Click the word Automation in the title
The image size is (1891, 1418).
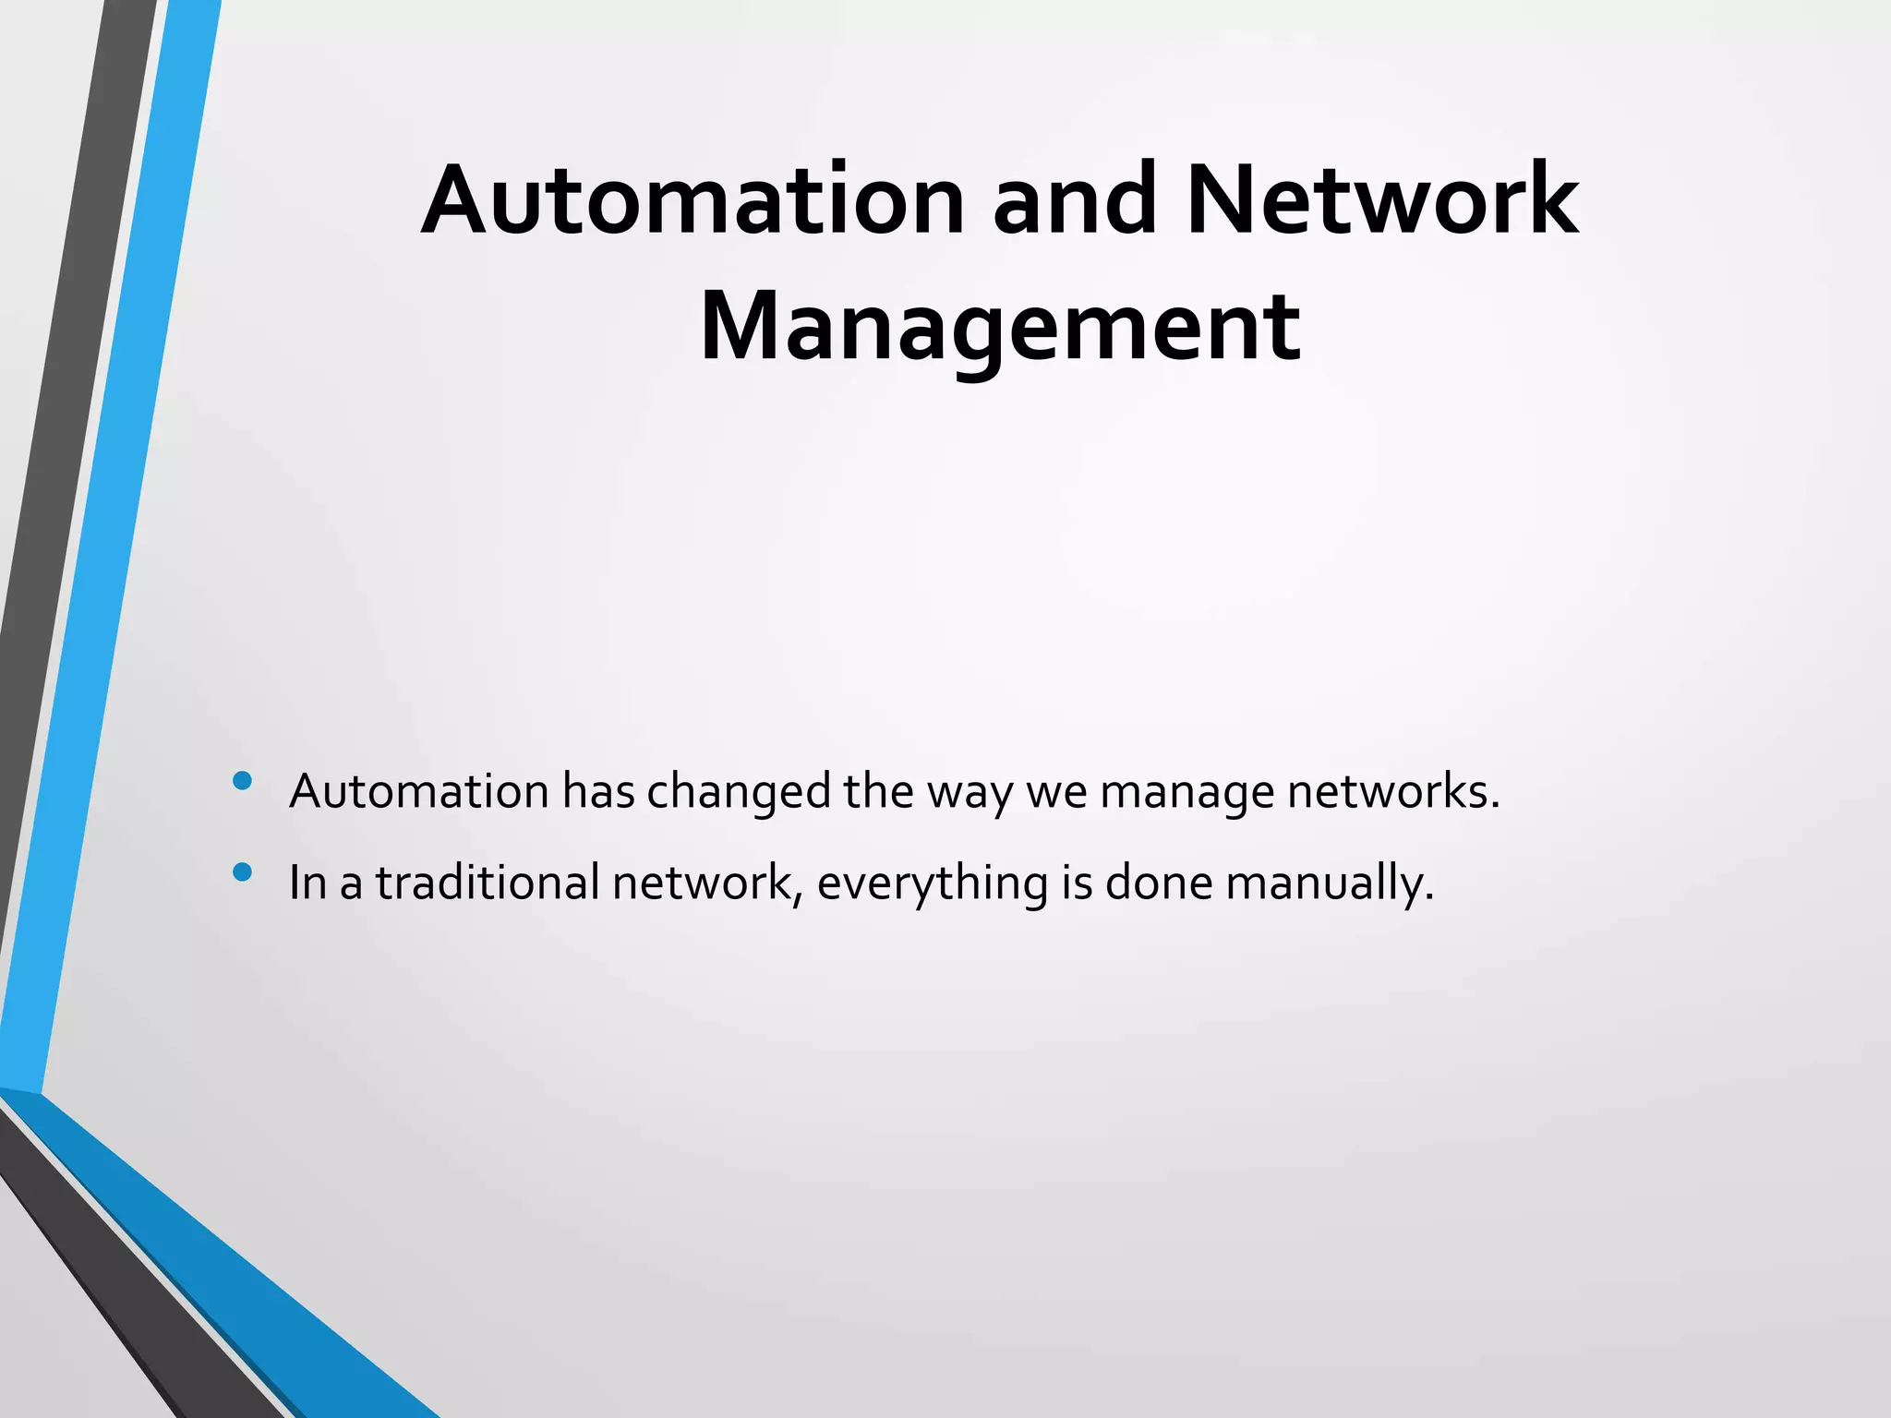pos(693,200)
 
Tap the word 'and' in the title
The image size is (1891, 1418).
pos(1074,200)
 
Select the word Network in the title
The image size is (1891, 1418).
pos(1382,200)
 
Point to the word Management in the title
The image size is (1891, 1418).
pos(1000,329)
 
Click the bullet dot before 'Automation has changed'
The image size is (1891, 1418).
pos(243,782)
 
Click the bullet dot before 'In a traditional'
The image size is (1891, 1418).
pos(243,872)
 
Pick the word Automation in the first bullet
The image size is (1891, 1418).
pos(419,791)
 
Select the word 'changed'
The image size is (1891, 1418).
pos(739,793)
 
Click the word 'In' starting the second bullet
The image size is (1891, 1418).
pos(308,883)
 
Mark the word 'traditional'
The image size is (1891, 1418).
pos(488,883)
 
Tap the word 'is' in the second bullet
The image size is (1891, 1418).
pos(1077,883)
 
